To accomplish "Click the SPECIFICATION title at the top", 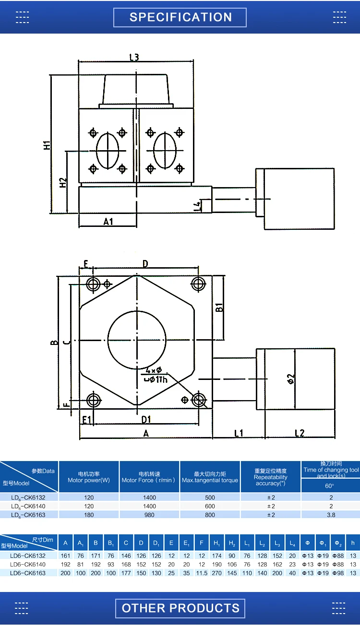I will (180, 17).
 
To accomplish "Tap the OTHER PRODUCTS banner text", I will (180, 608).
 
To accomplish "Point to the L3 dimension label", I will (134, 57).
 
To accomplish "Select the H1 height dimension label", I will (47, 144).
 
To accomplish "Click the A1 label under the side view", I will (108, 221).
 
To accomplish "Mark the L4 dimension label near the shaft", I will (196, 206).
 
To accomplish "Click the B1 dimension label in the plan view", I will (219, 308).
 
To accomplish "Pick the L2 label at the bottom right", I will (299, 433).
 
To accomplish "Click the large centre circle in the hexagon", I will (137, 341).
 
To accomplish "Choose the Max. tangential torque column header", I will (210, 480).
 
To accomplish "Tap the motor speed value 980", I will (149, 515).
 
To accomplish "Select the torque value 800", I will (210, 515).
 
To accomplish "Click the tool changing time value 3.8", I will (331, 515).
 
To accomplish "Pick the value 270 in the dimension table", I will (217, 573).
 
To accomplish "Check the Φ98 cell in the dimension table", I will (337, 573).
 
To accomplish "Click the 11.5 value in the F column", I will (202, 573).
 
